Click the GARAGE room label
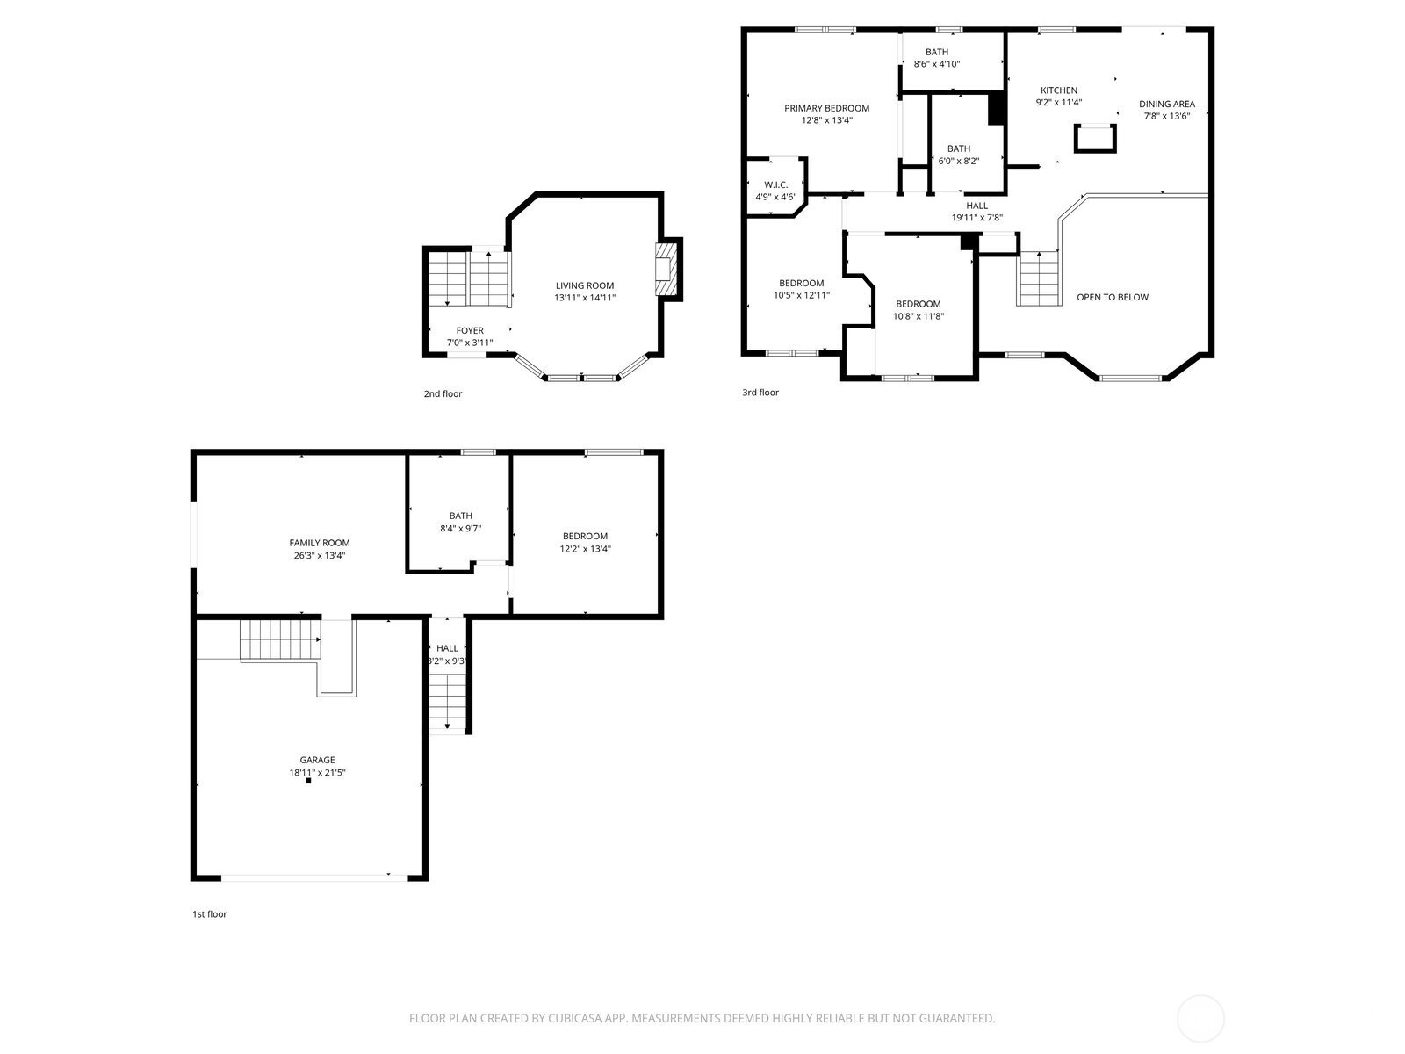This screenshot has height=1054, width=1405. [x=318, y=760]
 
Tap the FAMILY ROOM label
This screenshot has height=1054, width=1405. [x=320, y=543]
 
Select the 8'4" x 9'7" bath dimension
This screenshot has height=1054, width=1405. [x=460, y=529]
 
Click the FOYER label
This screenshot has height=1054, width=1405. [x=470, y=330]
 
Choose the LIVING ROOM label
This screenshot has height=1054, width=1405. [x=585, y=285]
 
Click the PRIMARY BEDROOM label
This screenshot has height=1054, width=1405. [x=826, y=108]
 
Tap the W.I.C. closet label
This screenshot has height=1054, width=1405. [x=775, y=185]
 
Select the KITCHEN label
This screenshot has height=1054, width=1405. [x=1059, y=90]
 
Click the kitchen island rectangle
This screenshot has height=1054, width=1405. [x=1095, y=138]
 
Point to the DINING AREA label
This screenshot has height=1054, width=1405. [x=1167, y=104]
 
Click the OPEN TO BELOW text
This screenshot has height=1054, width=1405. [x=1113, y=297]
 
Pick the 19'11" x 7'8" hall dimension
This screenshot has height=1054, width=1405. [x=976, y=218]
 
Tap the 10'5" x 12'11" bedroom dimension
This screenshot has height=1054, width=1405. [x=802, y=295]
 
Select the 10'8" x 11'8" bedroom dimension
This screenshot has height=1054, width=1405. [x=919, y=315]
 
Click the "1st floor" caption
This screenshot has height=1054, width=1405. [x=210, y=913]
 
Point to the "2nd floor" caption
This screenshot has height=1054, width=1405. [x=443, y=393]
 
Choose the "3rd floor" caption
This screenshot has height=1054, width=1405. [x=760, y=393]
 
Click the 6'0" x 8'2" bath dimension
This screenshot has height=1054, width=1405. [x=959, y=161]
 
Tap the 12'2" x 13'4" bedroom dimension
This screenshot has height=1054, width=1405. [x=585, y=548]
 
